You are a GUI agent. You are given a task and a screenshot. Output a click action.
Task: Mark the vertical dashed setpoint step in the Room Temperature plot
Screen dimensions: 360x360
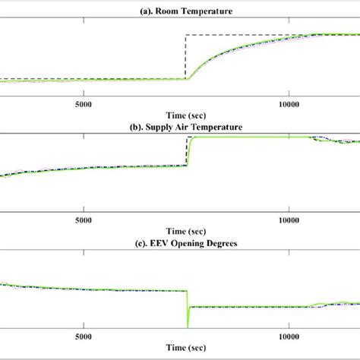(x=186, y=57)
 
